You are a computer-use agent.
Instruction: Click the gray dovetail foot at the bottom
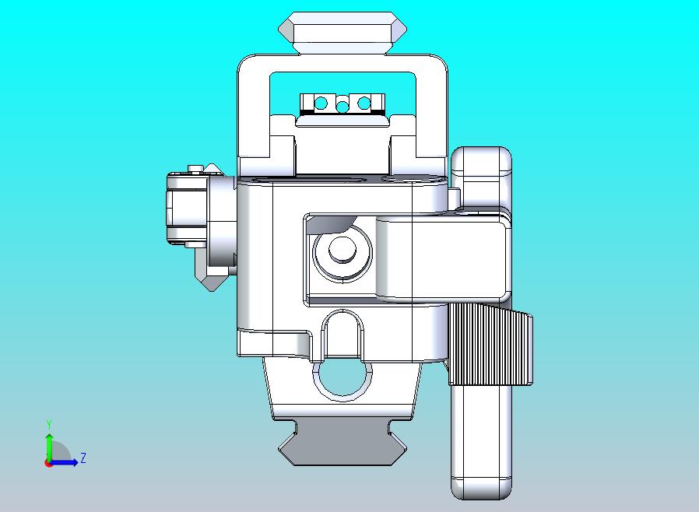[x=342, y=447]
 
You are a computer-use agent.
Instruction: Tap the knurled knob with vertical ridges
[x=490, y=345]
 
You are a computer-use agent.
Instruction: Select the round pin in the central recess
[x=340, y=250]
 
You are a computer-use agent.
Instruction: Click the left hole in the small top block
[x=320, y=102]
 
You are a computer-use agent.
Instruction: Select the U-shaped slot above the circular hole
[x=342, y=331]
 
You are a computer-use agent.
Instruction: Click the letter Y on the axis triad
[x=49, y=424]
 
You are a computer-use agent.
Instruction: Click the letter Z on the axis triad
[x=83, y=458]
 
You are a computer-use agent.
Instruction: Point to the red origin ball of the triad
[x=49, y=462]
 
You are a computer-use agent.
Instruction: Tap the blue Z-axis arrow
[x=67, y=462]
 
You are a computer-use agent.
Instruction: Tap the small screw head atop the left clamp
[x=195, y=167]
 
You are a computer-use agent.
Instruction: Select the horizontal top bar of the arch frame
[x=342, y=64]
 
